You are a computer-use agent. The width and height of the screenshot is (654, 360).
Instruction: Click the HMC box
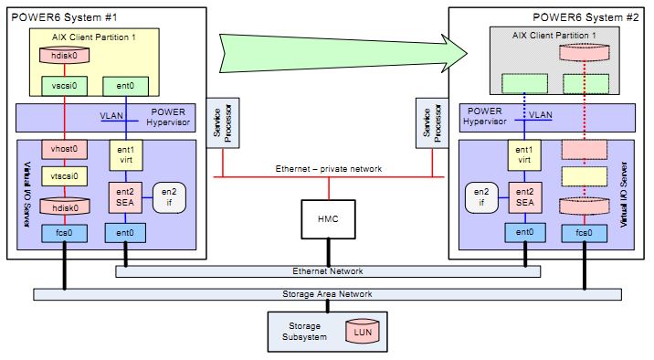point(326,220)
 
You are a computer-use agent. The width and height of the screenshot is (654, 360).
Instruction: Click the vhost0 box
point(64,148)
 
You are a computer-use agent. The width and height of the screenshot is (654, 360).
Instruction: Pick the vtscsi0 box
point(64,175)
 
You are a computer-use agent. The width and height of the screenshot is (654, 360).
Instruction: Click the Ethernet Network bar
point(326,271)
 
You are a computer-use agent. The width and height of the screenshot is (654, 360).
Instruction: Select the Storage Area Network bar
point(326,294)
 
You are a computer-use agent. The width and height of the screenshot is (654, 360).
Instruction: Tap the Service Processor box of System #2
point(427,122)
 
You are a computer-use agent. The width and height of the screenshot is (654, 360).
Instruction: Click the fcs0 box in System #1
point(64,234)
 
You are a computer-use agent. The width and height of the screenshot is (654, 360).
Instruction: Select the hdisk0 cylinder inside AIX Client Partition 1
point(64,56)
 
